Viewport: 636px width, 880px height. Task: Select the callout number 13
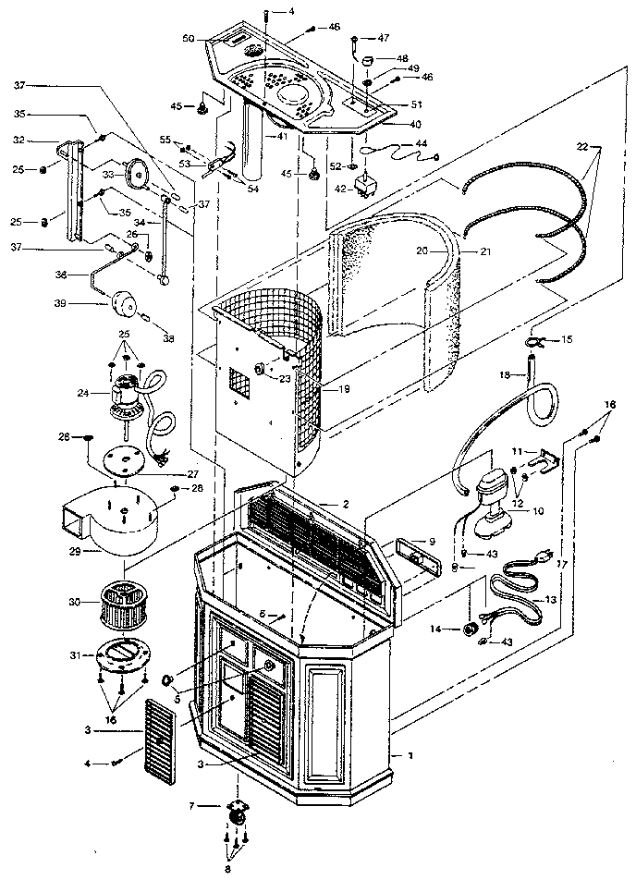point(552,599)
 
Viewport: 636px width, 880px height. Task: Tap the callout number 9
point(431,541)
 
